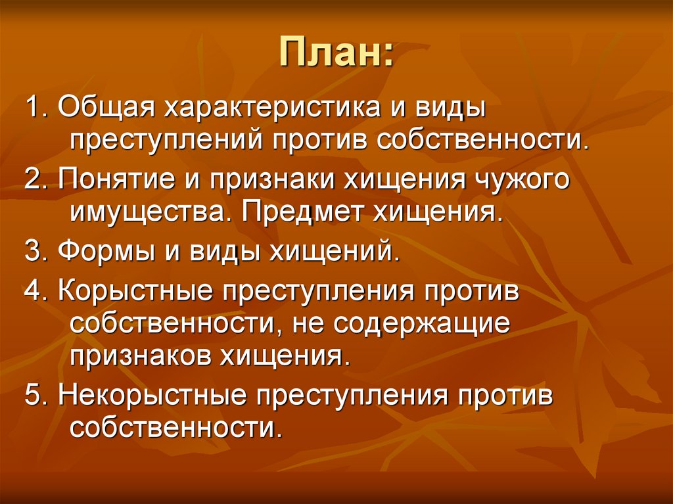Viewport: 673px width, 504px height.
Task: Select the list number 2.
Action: (32, 179)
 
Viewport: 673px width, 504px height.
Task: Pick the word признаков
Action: (137, 358)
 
